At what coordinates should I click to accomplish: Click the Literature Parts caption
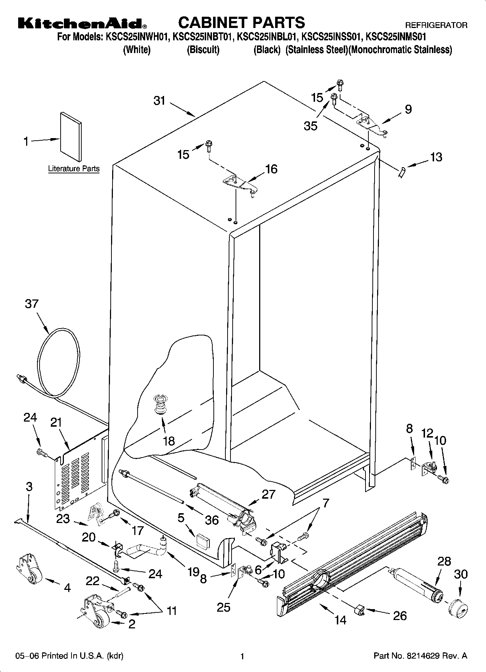point(74,169)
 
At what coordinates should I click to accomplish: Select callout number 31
point(159,101)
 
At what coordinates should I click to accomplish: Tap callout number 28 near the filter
point(444,561)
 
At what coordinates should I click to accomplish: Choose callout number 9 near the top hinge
point(408,109)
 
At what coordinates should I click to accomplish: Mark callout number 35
point(311,126)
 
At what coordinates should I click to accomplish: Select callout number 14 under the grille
point(340,620)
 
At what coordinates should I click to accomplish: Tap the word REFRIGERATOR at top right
point(436,25)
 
